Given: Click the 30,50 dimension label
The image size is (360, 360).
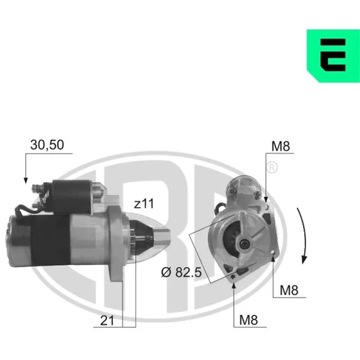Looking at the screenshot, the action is [x=47, y=145].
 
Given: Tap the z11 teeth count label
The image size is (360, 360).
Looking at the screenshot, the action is [x=144, y=203].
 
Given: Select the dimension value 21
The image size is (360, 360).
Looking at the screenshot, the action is [x=107, y=320].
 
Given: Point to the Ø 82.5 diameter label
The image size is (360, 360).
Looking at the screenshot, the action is [x=181, y=272].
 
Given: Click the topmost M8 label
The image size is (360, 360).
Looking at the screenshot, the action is [x=281, y=146].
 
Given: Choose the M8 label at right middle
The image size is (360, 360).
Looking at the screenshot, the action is [x=289, y=290].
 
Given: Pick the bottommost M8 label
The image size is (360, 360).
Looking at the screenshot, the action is [x=248, y=320].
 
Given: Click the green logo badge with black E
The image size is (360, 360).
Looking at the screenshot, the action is [x=334, y=56].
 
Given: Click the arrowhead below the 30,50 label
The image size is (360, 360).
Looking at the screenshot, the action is [x=26, y=181].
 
